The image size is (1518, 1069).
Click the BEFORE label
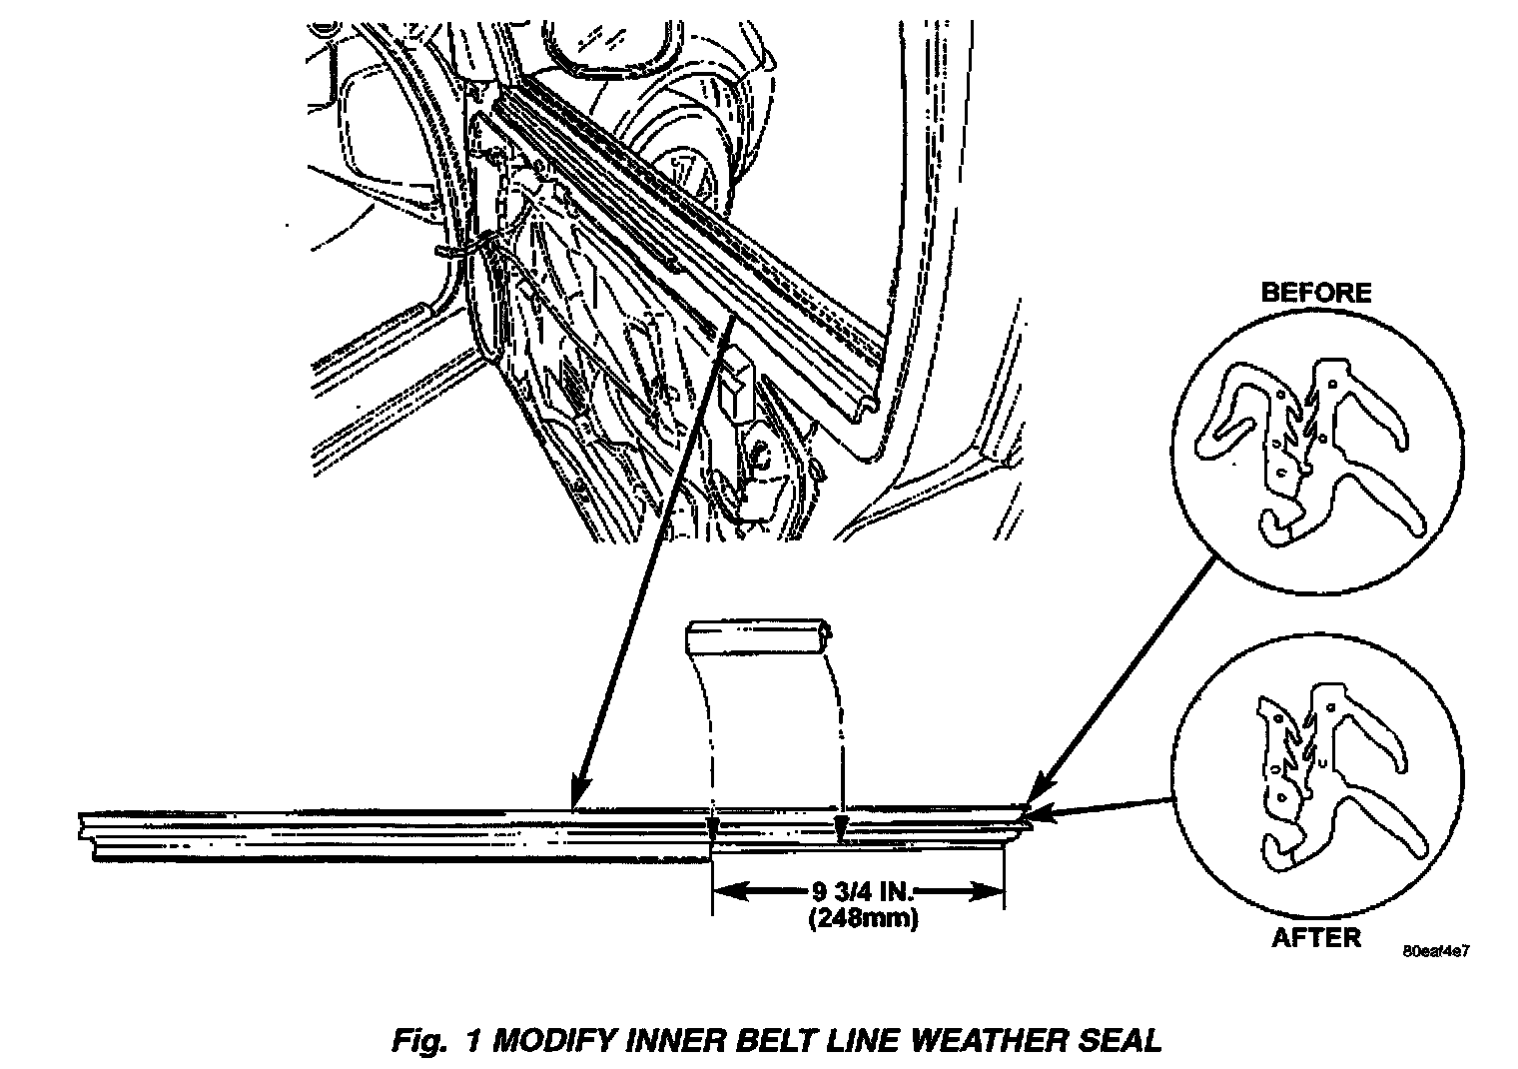click(1315, 293)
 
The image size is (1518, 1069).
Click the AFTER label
click(1315, 937)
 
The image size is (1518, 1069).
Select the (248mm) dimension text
click(862, 917)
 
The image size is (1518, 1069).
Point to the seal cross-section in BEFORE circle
click(1313, 450)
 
